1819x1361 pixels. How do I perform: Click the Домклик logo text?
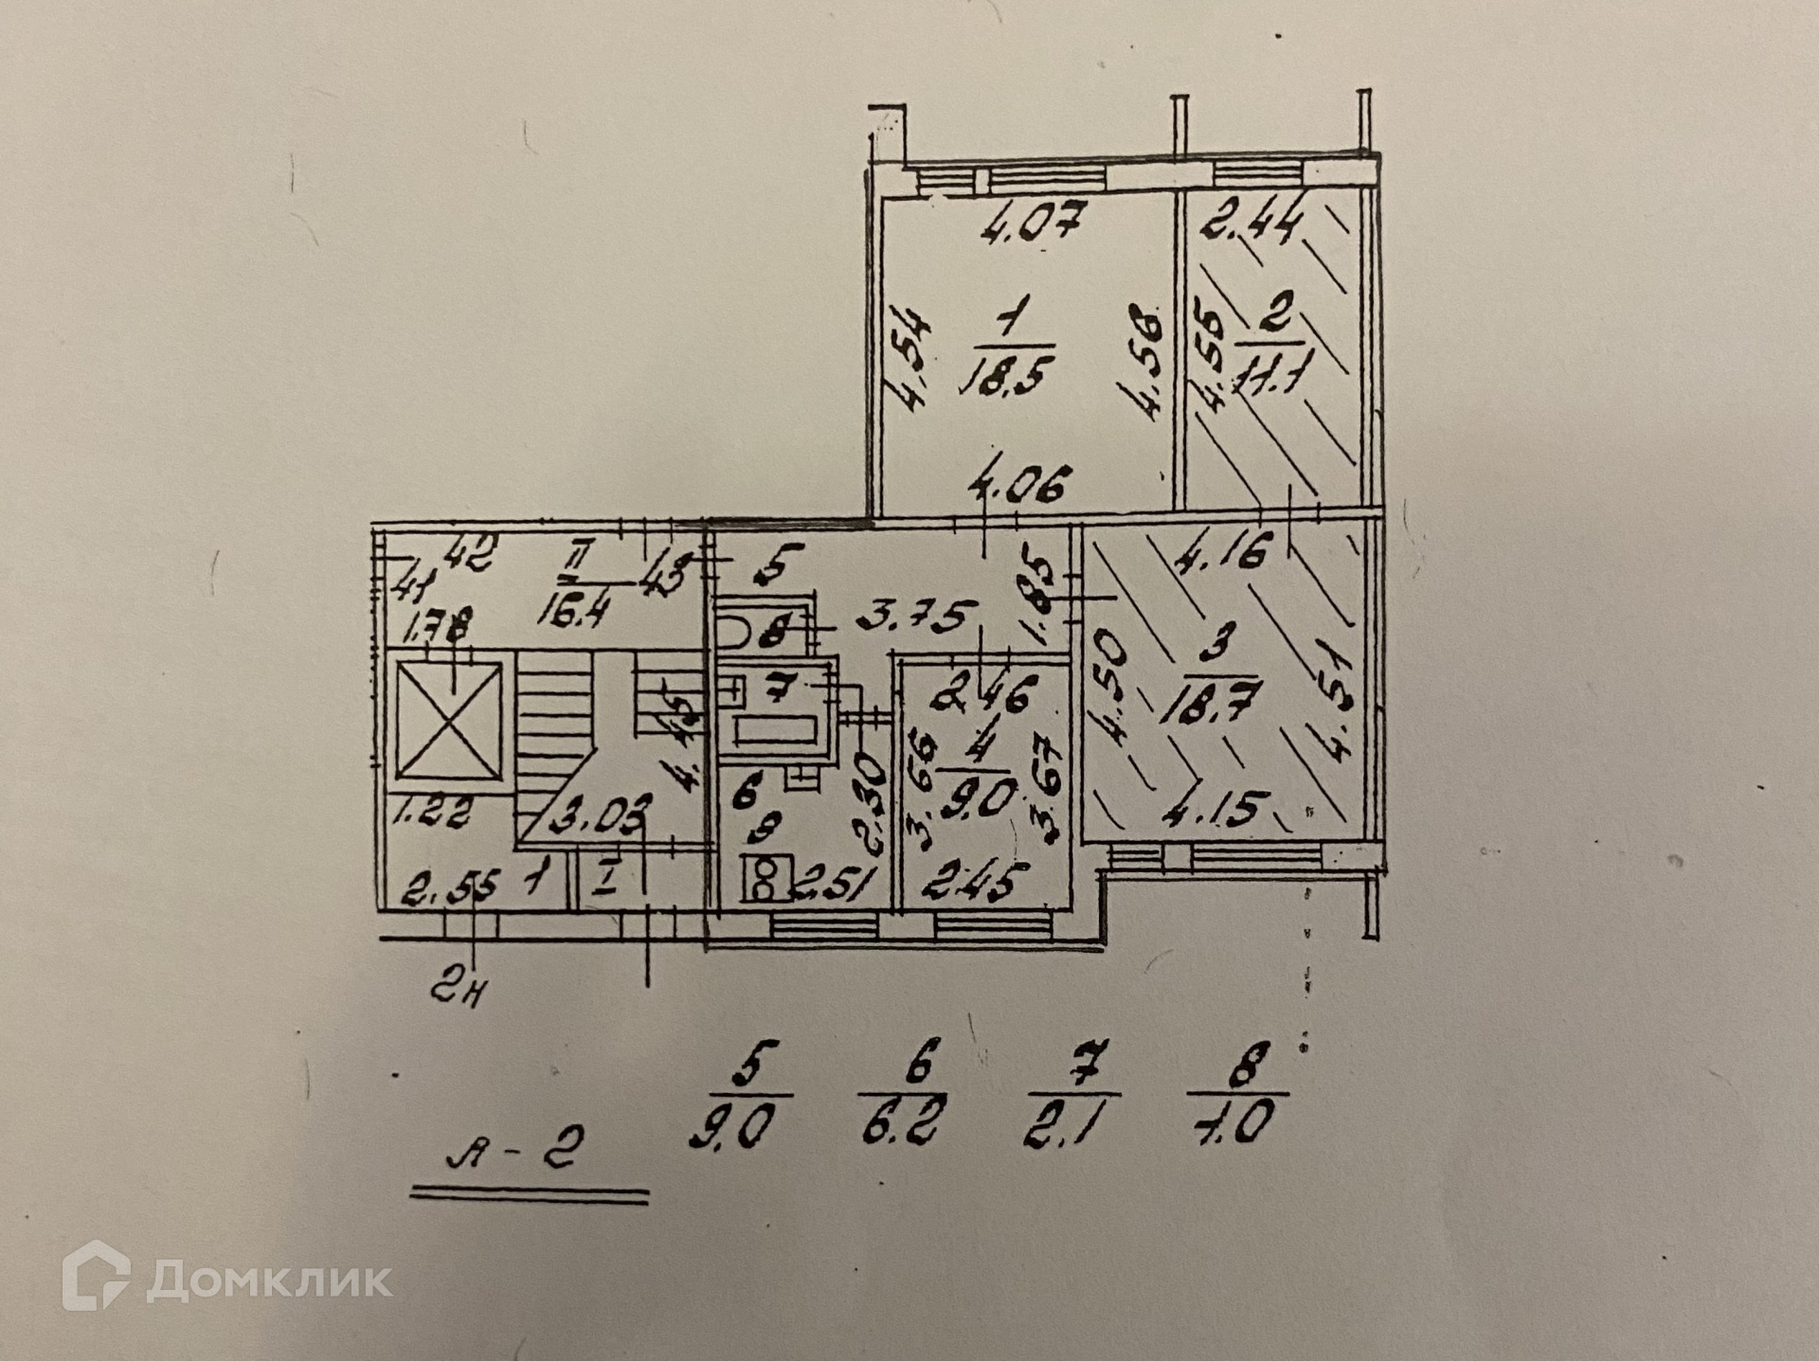[x=269, y=1280]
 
